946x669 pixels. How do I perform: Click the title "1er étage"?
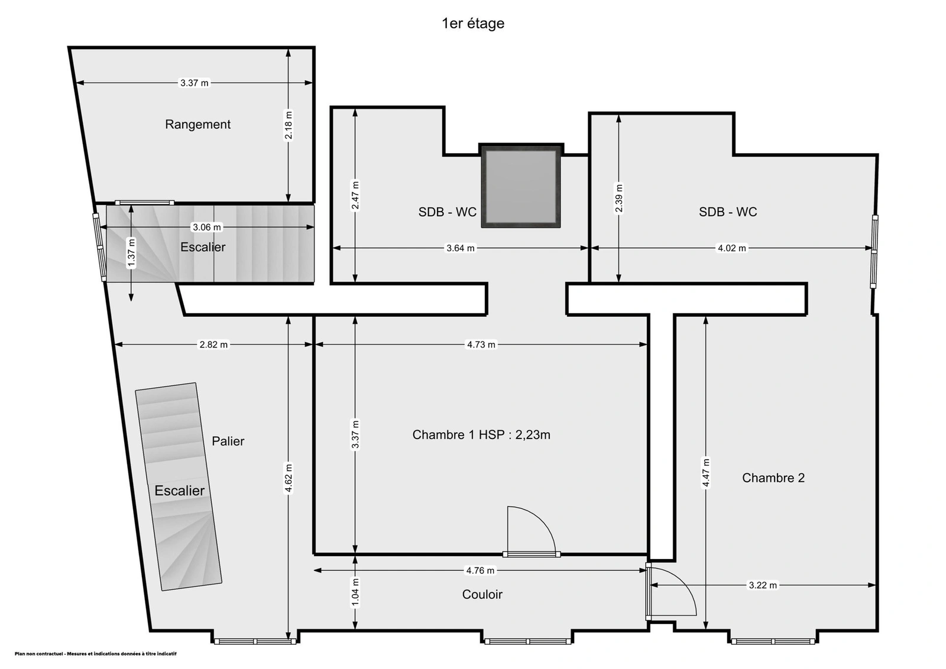473,23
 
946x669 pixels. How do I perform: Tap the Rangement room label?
197,124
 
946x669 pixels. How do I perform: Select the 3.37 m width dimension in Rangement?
195,83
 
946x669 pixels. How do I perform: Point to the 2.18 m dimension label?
289,125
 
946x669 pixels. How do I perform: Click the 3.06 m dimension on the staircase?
207,227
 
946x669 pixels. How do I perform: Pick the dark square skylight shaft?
521,186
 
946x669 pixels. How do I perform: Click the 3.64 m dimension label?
461,248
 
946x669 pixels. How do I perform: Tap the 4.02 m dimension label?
732,248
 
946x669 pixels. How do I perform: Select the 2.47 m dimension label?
355,195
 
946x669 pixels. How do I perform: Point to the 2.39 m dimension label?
618,199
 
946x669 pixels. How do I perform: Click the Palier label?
228,441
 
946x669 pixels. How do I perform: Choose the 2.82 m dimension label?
213,345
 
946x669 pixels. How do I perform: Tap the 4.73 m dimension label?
481,345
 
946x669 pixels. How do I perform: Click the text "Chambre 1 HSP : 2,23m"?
481,435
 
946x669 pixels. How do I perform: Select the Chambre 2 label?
773,478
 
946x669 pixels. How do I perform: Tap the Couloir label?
482,595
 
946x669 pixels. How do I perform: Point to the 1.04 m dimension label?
355,592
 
